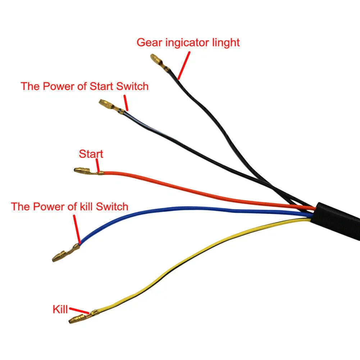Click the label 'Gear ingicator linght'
coord(188,43)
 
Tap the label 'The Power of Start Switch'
coord(85,86)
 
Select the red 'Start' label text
coord(91,154)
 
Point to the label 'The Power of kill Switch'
coord(69,207)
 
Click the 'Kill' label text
coord(60,309)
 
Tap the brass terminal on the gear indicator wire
coord(160,62)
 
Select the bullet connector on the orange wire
coord(88,171)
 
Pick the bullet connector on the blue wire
coord(66,253)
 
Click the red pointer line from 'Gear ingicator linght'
coord(184,65)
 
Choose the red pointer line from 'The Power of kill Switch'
coord(77,229)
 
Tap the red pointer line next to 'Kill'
coord(79,310)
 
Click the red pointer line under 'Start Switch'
coord(126,103)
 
